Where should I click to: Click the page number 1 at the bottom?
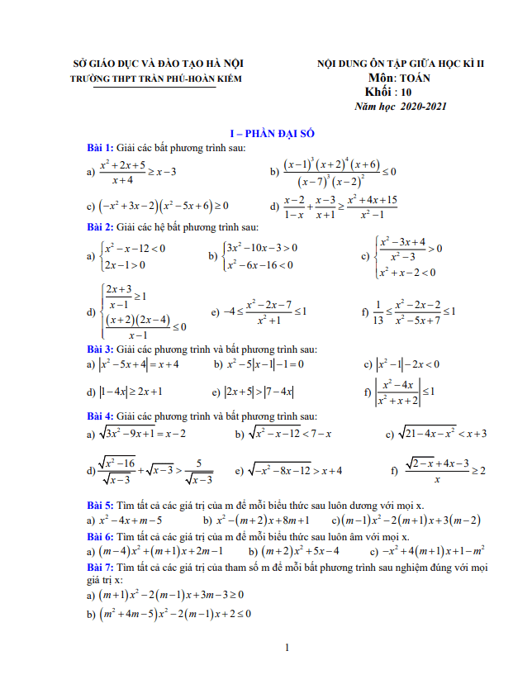coord(285,647)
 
